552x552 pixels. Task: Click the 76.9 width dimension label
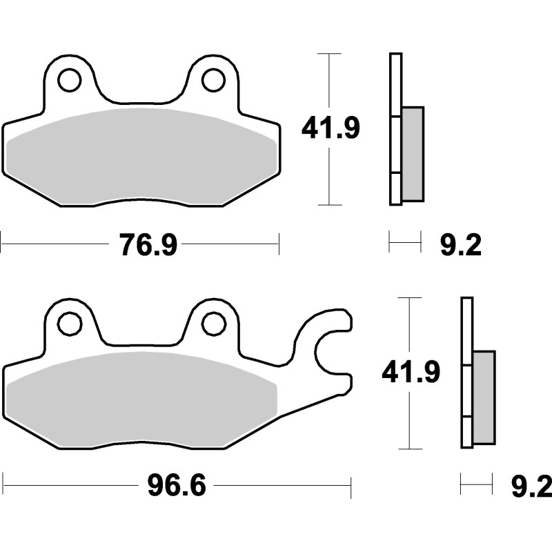click(148, 245)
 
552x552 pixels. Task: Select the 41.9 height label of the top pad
click(331, 128)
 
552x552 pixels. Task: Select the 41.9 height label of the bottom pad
click(411, 373)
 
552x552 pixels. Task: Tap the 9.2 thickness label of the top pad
click(460, 245)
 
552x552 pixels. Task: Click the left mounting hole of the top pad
click(69, 80)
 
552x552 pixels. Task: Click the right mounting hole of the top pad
click(213, 80)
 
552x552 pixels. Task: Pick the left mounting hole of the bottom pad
click(69, 323)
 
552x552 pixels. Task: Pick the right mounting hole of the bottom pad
click(213, 323)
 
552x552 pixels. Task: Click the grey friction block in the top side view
click(413, 153)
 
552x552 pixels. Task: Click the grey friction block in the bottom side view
click(484, 397)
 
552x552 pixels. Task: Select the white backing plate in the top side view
click(395, 83)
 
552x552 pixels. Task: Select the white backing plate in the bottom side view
click(466, 324)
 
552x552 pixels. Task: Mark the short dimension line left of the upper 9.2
click(404, 242)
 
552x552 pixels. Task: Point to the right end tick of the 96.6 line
click(351, 486)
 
